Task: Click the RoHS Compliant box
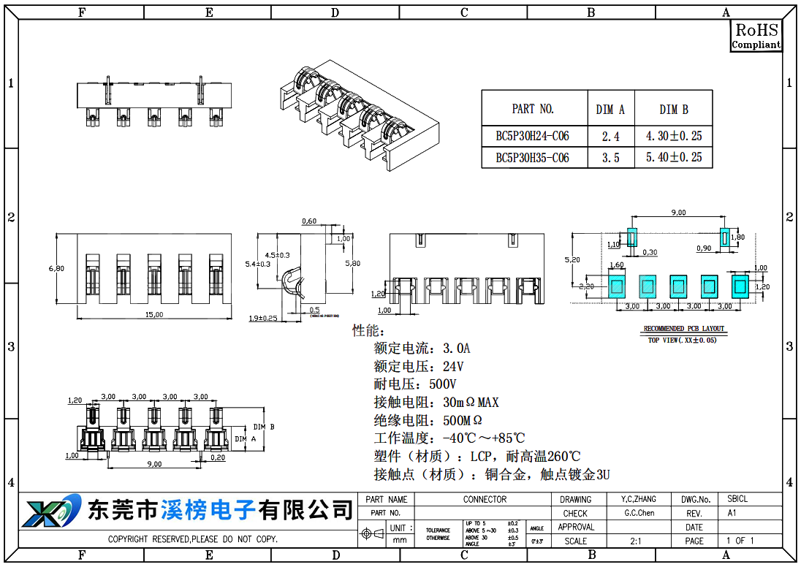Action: pos(756,36)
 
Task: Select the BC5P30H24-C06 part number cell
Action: pos(532,136)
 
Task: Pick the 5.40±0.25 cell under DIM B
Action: pos(673,157)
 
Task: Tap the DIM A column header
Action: pos(610,110)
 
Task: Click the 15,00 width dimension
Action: pos(153,314)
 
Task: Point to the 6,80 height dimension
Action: pos(56,268)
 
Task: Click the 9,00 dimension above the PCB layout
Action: pos(678,213)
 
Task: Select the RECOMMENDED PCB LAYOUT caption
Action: pos(683,329)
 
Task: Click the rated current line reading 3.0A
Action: pos(422,348)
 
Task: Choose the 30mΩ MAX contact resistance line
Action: pos(436,403)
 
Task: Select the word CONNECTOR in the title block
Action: pos(484,500)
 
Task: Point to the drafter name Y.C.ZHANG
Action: pos(638,500)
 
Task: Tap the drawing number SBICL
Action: pos(737,500)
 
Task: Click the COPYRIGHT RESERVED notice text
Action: pos(193,539)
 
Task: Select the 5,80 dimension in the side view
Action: pos(352,263)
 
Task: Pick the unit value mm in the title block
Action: pos(400,541)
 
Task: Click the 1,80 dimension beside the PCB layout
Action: pos(737,237)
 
